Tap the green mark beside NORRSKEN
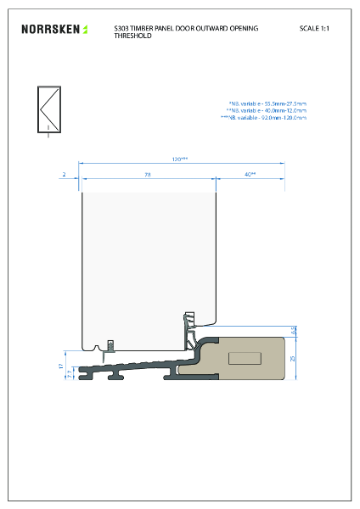85,30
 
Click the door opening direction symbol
48,110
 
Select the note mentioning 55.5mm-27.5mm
267,104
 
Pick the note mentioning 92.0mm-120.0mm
263,118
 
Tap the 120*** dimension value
180,159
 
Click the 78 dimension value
146,174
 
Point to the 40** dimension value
250,174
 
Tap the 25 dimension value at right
294,358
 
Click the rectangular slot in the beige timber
245,356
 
